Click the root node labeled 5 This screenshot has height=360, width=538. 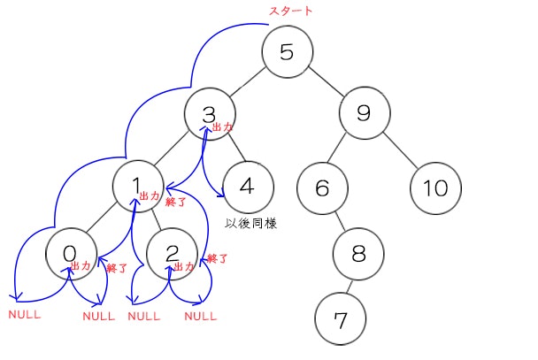pos(286,51)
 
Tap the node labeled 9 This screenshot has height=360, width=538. pos(363,113)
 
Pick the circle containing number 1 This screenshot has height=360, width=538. pos(136,185)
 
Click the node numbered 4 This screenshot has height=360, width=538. pos(247,188)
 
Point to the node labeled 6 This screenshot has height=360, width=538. pos(321,188)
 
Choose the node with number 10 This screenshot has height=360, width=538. pos(434,188)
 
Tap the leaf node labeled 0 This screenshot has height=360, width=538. pos(70,253)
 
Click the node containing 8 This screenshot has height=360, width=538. pos(358,253)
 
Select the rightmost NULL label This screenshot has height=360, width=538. pos(200,316)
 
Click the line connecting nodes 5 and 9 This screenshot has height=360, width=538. pos(325,82)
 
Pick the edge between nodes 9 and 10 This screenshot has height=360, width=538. pos(399,150)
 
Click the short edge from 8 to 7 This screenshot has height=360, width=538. pos(350,284)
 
